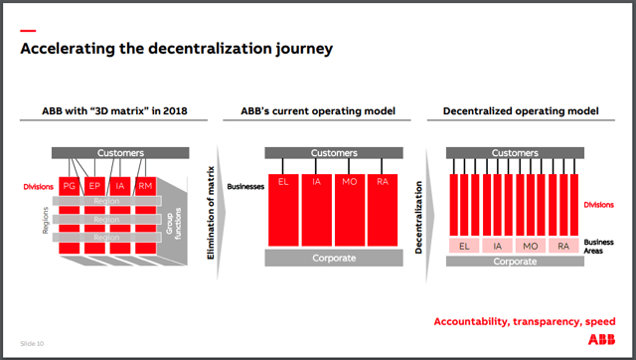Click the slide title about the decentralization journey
click(177, 48)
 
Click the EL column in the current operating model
click(283, 209)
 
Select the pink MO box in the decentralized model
click(531, 245)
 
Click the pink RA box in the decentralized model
click(563, 245)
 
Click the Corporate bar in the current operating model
click(334, 259)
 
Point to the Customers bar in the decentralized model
click(514, 154)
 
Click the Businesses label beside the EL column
click(242, 185)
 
